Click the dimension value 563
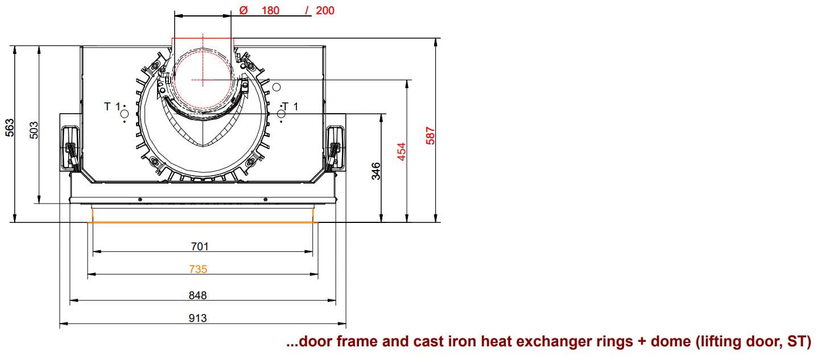(x=10, y=127)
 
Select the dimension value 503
(x=34, y=130)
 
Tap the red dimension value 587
(x=430, y=136)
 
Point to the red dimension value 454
(x=402, y=152)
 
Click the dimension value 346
(x=376, y=171)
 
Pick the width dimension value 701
(x=200, y=247)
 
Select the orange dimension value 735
(x=198, y=269)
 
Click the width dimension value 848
(x=197, y=295)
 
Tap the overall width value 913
(x=197, y=318)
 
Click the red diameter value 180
(x=270, y=10)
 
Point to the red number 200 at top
(x=325, y=10)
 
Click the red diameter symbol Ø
(x=244, y=10)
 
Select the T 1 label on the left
(x=112, y=106)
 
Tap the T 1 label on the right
(x=290, y=106)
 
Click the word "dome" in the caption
(x=670, y=341)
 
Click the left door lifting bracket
(x=71, y=148)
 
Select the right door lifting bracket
(x=335, y=148)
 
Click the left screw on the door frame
(x=140, y=200)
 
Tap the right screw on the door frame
(x=265, y=200)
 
